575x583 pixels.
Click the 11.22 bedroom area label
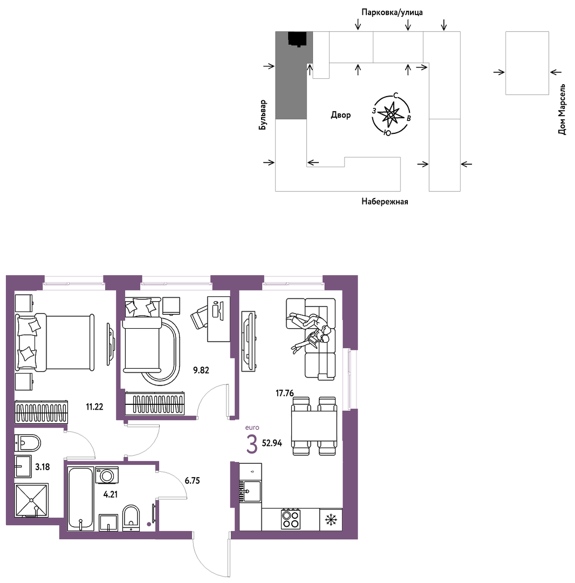click(94, 407)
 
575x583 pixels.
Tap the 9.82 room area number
click(201, 370)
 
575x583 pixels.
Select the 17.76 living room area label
click(284, 393)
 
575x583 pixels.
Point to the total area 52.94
click(272, 443)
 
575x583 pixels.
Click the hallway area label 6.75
click(193, 481)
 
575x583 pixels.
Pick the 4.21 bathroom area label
click(111, 494)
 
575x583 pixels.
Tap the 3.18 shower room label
click(43, 467)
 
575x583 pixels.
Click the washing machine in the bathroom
click(107, 475)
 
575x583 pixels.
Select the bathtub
click(80, 498)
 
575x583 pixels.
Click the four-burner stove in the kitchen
click(291, 519)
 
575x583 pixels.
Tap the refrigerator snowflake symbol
click(331, 519)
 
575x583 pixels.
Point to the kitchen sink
click(250, 491)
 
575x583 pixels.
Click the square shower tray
click(32, 500)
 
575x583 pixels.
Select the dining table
click(314, 426)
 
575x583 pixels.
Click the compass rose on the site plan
click(391, 115)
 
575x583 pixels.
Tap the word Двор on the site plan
click(340, 115)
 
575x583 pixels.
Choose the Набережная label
click(385, 202)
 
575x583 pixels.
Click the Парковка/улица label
click(392, 12)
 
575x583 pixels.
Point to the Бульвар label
click(263, 115)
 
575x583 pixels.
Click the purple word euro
click(252, 428)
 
